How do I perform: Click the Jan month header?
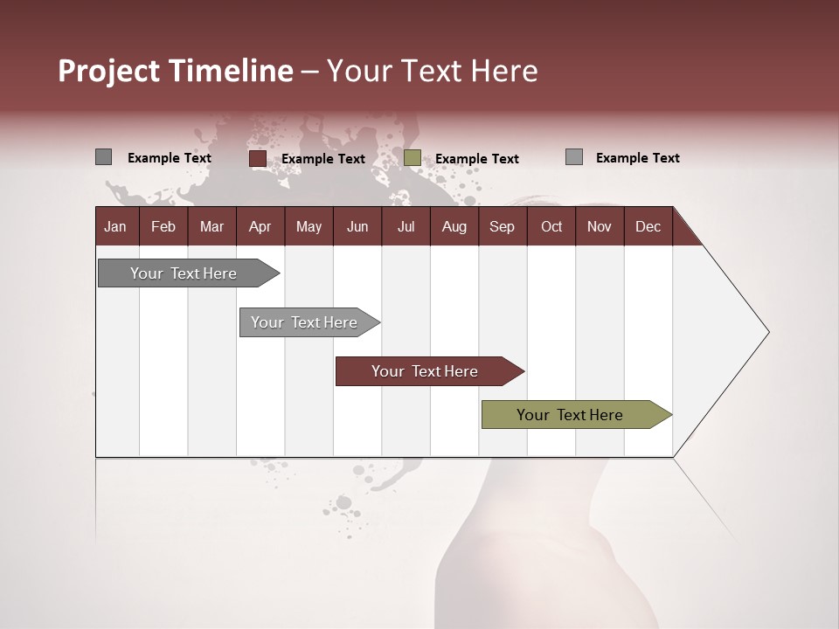[x=115, y=226]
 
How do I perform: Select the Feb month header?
[x=163, y=226]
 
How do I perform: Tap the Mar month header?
[x=211, y=226]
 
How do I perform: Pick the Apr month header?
[x=260, y=226]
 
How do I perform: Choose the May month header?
[x=309, y=226]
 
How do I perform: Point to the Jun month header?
[x=357, y=226]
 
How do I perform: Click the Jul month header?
[x=406, y=226]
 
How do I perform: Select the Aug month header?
[x=454, y=226]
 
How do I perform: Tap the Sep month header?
[x=503, y=226]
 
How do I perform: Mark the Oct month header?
[x=551, y=226]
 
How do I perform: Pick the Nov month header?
[x=600, y=226]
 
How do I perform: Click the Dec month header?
[x=648, y=226]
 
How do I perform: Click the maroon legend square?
[x=257, y=158]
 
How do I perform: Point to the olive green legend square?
[x=413, y=158]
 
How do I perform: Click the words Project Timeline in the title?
[x=176, y=71]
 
